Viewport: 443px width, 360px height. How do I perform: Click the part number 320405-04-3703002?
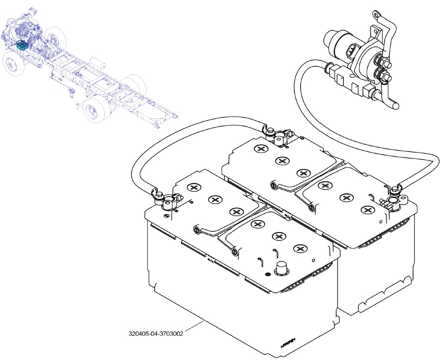click(x=156, y=334)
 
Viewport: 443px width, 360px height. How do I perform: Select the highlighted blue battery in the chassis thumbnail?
click(x=22, y=45)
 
